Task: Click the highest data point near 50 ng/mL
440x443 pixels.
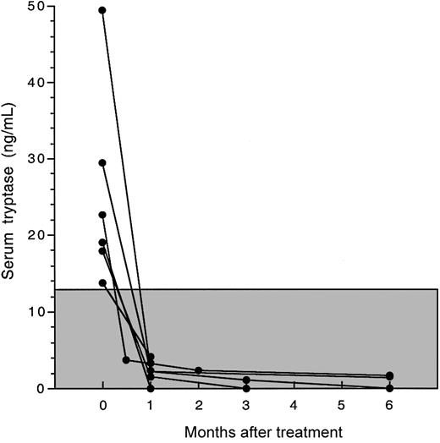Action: coord(102,10)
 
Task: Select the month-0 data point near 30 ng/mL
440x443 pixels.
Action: coord(102,163)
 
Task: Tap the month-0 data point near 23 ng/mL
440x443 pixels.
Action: coord(102,215)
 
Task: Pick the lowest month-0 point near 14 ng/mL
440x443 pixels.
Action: coord(102,283)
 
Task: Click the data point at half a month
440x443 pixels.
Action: coord(126,360)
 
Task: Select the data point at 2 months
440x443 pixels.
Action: coord(198,370)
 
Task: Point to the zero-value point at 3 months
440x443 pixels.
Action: coord(246,388)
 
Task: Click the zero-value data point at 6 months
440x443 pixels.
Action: coord(389,388)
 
